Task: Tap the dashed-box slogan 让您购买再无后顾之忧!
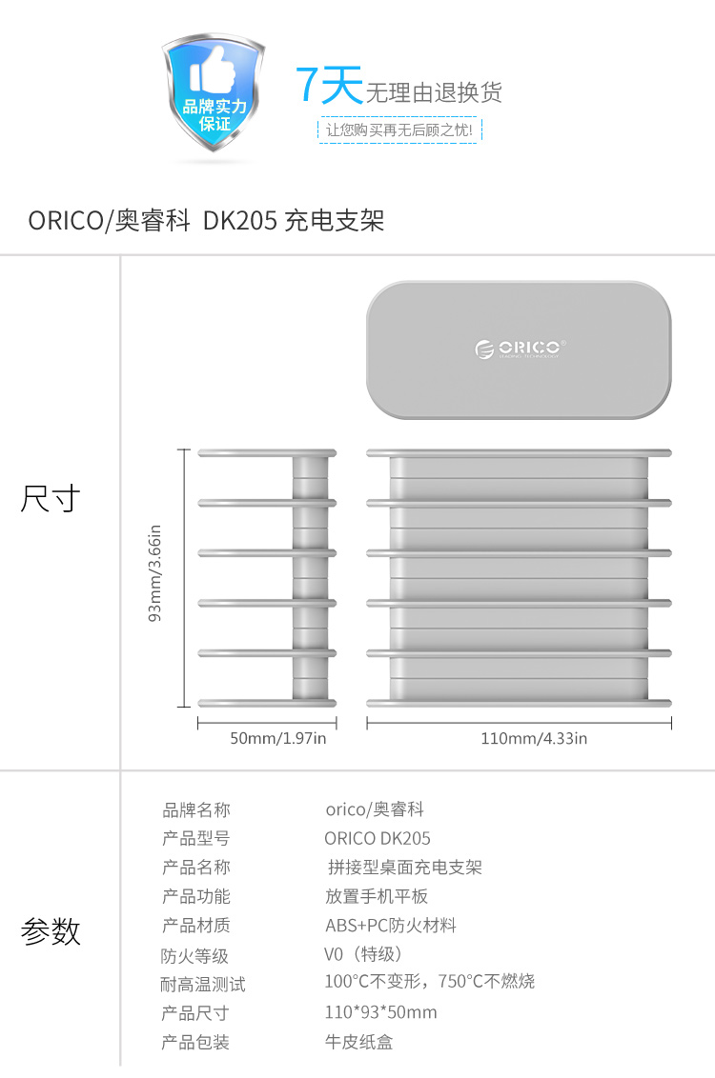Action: (398, 130)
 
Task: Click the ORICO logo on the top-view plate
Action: (520, 349)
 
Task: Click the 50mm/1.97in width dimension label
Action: (278, 738)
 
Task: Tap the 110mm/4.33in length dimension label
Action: (534, 738)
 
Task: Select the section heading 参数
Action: (51, 931)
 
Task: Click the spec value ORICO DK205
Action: (378, 839)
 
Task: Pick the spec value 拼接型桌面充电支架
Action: (405, 868)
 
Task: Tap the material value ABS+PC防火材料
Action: (391, 926)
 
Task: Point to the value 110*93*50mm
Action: (380, 1012)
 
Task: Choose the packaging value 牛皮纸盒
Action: (358, 1042)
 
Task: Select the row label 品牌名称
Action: (196, 810)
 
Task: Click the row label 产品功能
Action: (196, 897)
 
